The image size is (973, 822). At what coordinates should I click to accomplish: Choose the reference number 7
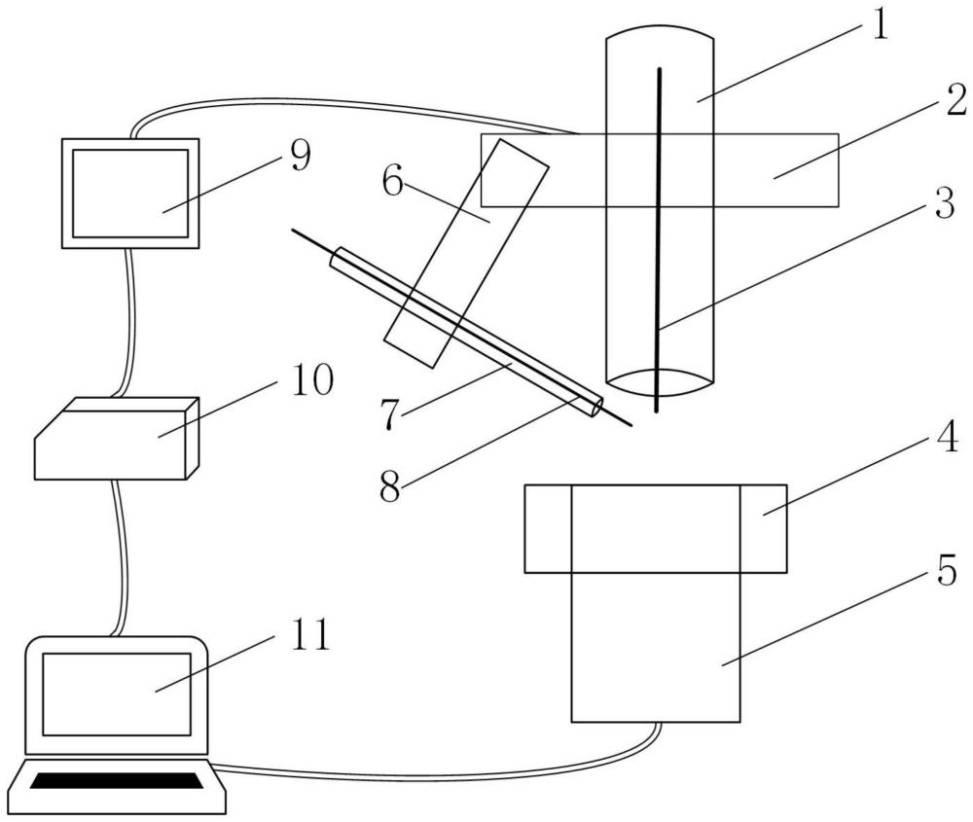(x=391, y=413)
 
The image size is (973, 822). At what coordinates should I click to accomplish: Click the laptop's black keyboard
(x=121, y=779)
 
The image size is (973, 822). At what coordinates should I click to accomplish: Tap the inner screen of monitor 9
(x=130, y=193)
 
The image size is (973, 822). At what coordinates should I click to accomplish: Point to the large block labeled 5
(x=654, y=642)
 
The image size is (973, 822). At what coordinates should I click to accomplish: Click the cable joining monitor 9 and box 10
(x=126, y=321)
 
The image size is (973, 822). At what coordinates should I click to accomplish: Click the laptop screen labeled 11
(x=115, y=693)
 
